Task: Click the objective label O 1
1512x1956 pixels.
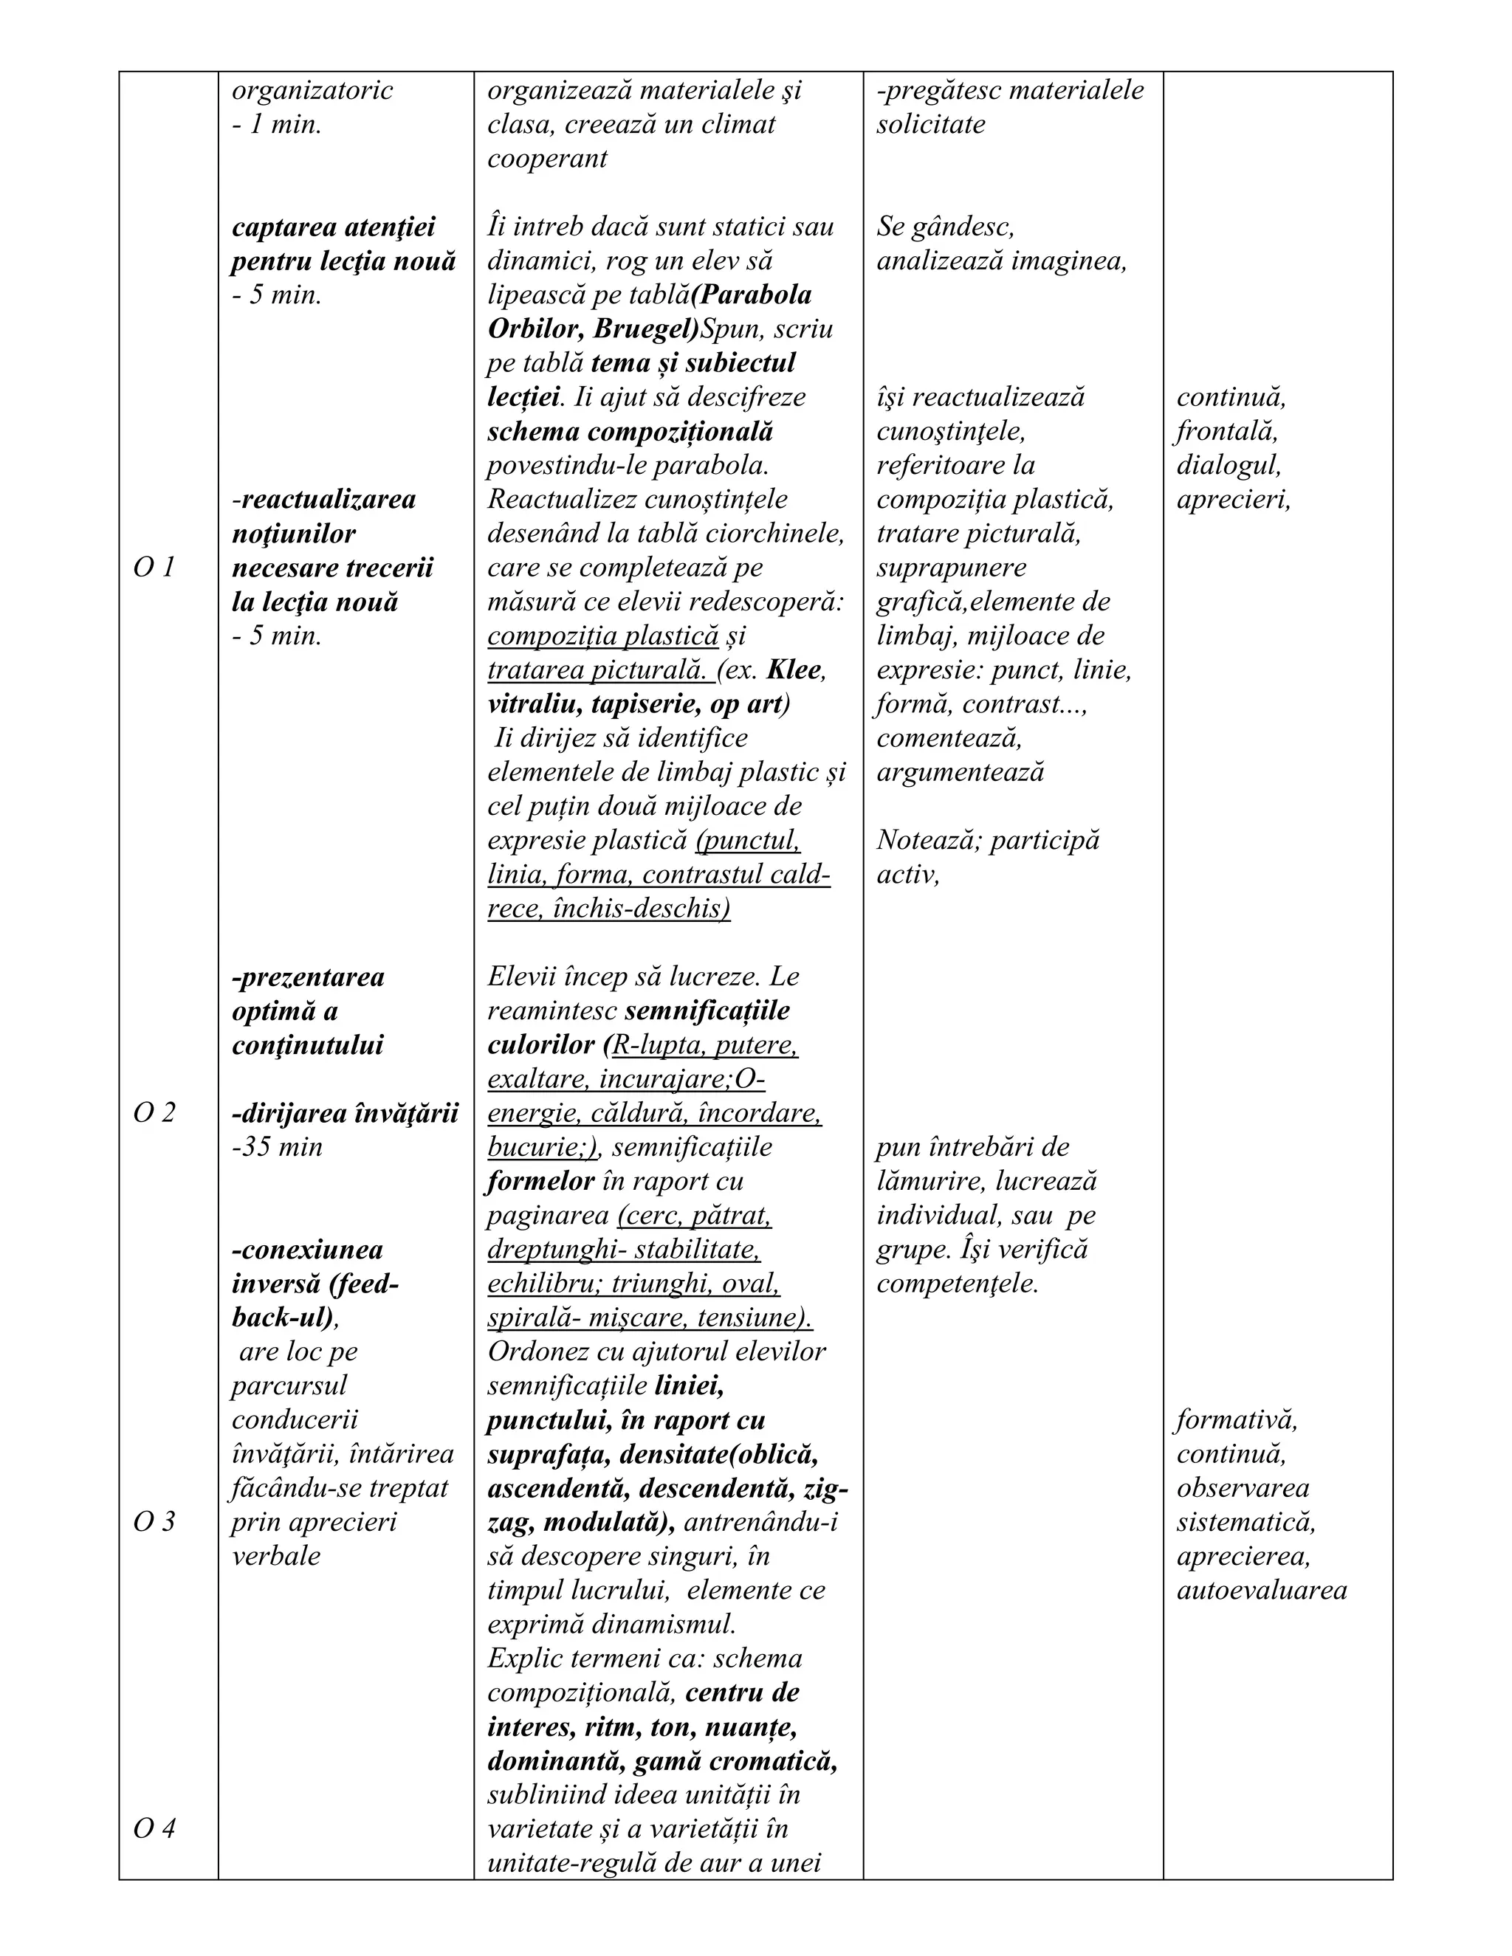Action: click(x=153, y=568)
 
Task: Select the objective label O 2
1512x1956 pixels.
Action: click(x=153, y=1113)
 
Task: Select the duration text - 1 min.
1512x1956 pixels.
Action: click(x=277, y=125)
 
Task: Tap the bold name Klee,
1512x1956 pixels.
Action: click(x=797, y=670)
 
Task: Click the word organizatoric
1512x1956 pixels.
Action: click(x=312, y=91)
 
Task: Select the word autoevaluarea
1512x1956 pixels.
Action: click(x=1261, y=1591)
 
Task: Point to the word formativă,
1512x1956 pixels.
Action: click(x=1236, y=1419)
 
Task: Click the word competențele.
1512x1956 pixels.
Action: click(x=957, y=1284)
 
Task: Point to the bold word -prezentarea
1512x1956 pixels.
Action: click(x=308, y=977)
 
